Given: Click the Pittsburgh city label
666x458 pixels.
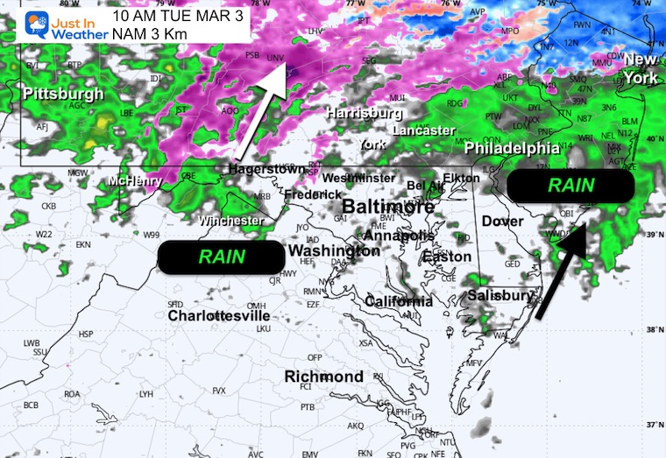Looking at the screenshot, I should click(x=63, y=94).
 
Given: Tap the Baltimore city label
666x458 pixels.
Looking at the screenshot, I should click(x=387, y=207).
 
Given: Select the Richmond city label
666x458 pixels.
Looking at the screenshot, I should click(x=323, y=377).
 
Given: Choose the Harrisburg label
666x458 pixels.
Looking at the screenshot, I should click(x=365, y=113).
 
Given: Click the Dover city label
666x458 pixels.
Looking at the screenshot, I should click(x=502, y=222).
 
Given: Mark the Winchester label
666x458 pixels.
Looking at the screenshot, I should click(x=230, y=221).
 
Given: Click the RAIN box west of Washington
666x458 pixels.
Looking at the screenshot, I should click(x=216, y=257).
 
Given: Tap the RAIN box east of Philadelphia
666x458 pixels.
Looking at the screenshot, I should click(x=570, y=185).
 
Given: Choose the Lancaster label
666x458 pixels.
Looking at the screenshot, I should click(x=423, y=130).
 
